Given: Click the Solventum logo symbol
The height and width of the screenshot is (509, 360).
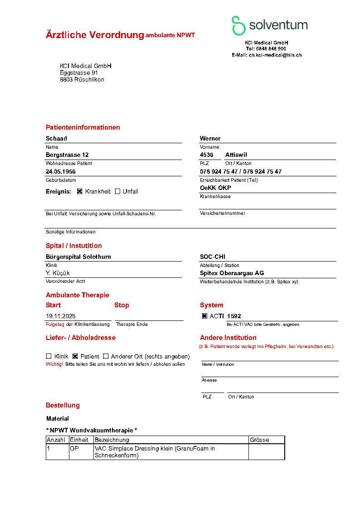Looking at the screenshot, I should click(238, 25).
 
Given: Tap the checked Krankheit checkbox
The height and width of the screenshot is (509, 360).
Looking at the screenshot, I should click(80, 191).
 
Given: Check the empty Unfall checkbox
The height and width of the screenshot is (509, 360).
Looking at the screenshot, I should click(117, 191).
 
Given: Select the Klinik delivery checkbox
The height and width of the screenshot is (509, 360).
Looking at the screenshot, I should click(49, 356).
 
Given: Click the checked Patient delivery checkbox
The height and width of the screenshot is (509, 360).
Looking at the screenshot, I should click(75, 356).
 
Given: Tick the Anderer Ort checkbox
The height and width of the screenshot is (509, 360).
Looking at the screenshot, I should click(106, 356).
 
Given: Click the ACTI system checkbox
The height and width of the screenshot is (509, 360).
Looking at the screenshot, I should click(204, 316).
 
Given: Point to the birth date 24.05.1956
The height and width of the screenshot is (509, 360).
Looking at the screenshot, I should click(61, 172).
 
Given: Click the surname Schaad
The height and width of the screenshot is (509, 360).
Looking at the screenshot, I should click(56, 139).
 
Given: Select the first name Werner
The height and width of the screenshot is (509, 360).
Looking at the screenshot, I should click(210, 139).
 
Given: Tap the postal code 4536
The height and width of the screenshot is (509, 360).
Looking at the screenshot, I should click(207, 155).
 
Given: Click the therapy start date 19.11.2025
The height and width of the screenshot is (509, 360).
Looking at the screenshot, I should click(61, 316).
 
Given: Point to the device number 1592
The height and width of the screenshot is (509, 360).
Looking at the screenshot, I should click(234, 316).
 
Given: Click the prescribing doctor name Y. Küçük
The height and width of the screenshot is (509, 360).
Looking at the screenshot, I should click(58, 273).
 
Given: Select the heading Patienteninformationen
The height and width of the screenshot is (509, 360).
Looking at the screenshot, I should click(83, 127).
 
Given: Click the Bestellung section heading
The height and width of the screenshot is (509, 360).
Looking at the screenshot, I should click(63, 405).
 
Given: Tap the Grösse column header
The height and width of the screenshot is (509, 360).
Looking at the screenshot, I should click(259, 440).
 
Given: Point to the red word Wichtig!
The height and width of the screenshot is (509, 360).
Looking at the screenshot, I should click(54, 364).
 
